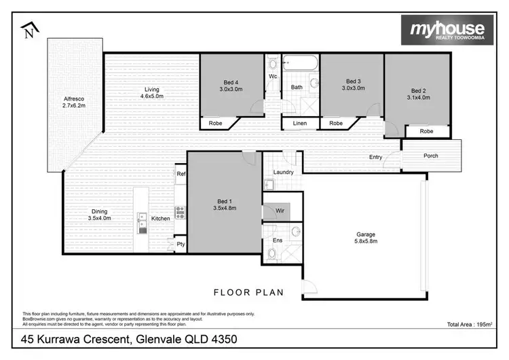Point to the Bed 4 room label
[231, 85]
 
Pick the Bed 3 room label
[352, 85]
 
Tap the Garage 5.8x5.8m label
[366, 237]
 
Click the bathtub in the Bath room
[299, 66]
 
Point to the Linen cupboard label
[299, 124]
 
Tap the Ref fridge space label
[181, 174]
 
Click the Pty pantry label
[181, 244]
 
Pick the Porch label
[430, 156]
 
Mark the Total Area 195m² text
[469, 324]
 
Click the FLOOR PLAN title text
[248, 293]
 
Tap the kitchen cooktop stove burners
[180, 212]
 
